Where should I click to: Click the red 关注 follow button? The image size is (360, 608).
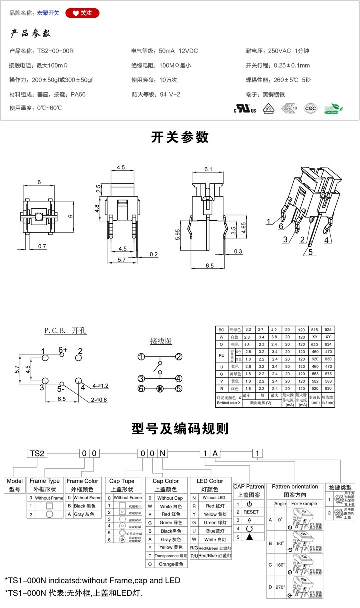(x=82, y=13)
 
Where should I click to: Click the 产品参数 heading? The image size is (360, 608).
(x=31, y=34)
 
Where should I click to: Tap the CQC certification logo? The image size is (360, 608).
(x=310, y=108)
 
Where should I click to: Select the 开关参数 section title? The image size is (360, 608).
(x=180, y=137)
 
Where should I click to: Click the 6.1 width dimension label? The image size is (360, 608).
(x=209, y=169)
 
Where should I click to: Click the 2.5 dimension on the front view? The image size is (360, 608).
(x=99, y=189)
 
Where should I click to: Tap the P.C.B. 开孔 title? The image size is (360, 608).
(x=65, y=331)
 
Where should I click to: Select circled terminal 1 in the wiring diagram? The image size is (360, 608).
(x=141, y=357)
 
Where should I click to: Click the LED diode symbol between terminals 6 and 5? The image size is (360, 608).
(x=160, y=388)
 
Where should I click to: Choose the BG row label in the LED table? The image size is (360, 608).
(x=221, y=330)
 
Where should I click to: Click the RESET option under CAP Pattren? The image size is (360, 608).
(x=251, y=512)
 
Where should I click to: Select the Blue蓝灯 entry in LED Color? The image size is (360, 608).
(x=210, y=531)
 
